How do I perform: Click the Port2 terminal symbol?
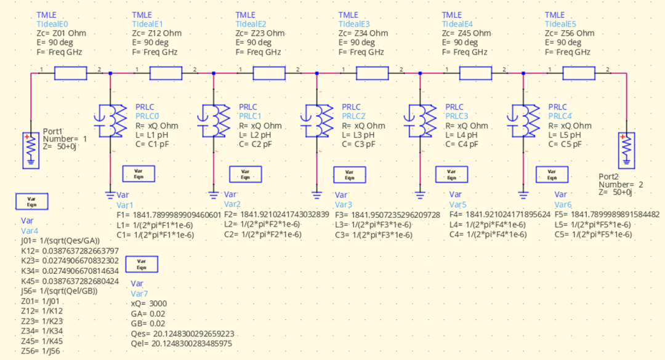coord(626,150)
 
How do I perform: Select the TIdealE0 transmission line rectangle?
coord(71,73)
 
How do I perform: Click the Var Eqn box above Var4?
coord(31,201)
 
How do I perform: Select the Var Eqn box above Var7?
coord(141,265)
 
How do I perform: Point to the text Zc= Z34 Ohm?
coord(363,33)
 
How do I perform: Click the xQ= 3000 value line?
coord(149,303)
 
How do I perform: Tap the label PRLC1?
coord(251,116)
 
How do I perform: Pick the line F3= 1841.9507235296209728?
coord(387,215)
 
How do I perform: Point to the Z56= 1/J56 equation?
coord(41,351)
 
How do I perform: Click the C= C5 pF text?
coord(564,143)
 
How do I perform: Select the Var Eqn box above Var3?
coord(349,175)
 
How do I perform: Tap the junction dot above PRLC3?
coord(420,73)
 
